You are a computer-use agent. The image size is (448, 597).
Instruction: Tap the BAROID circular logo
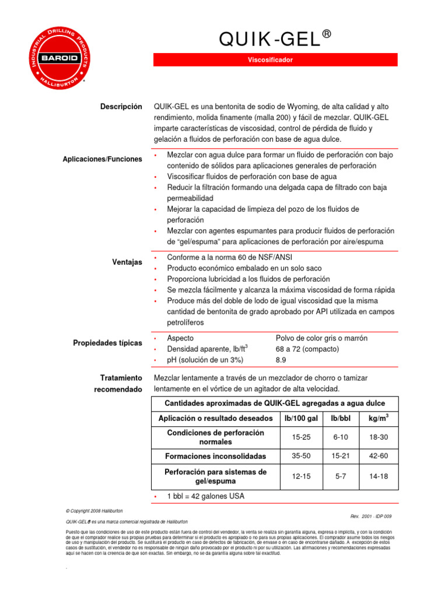click(x=59, y=58)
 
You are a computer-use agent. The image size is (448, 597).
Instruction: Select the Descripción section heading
click(x=121, y=107)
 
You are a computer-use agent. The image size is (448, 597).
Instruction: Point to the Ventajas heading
click(x=127, y=262)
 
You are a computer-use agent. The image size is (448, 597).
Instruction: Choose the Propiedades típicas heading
click(x=107, y=343)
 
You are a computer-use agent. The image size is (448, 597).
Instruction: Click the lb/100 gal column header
click(x=302, y=419)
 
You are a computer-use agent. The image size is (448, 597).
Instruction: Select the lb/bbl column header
click(x=341, y=419)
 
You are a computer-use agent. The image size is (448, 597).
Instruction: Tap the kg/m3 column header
click(x=379, y=419)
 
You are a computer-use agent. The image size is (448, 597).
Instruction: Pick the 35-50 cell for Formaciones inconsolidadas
click(x=302, y=456)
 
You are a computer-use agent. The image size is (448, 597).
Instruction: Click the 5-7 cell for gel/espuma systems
click(x=341, y=476)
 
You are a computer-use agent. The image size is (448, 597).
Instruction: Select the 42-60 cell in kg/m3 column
click(x=379, y=456)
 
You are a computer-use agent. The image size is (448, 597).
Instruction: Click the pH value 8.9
click(x=281, y=360)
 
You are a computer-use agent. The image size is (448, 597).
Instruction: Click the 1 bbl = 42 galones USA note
click(x=205, y=496)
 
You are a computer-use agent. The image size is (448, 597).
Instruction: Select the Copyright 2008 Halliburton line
click(x=94, y=510)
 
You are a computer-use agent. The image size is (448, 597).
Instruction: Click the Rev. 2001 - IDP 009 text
click(x=371, y=517)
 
